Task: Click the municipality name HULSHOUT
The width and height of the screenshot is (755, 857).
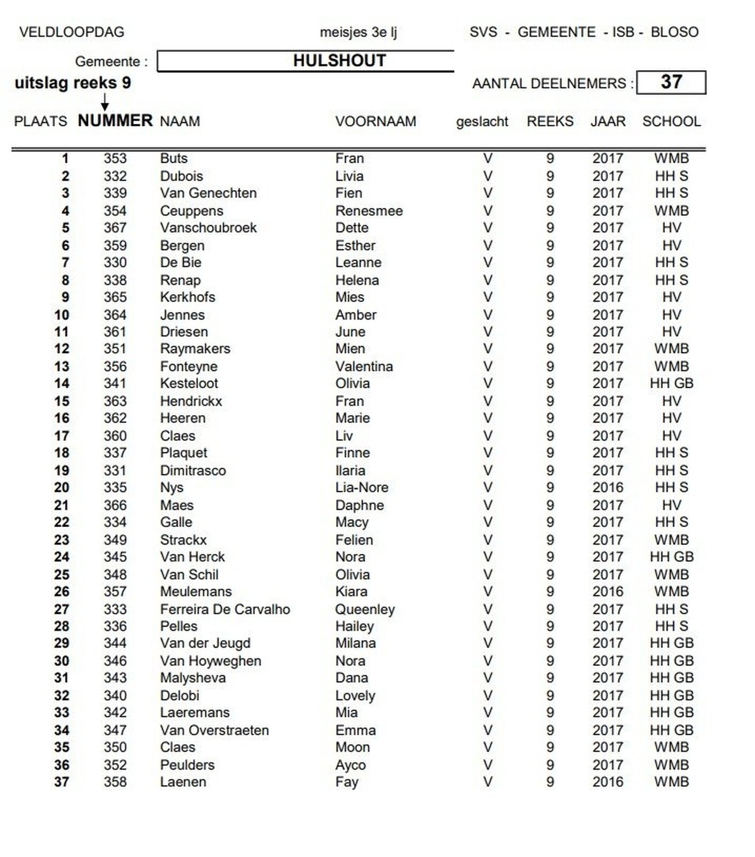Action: point(339,61)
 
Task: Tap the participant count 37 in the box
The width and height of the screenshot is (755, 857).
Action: point(671,82)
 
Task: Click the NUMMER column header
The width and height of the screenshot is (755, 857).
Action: point(115,121)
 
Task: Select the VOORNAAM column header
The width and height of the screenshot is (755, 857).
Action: point(376,122)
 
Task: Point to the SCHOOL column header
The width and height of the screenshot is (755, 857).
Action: point(671,122)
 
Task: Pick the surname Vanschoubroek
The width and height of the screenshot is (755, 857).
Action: point(208,228)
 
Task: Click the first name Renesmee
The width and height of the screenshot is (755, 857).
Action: point(369,211)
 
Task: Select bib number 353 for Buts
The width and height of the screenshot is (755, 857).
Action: point(115,159)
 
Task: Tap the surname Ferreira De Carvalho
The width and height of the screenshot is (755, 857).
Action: point(225,609)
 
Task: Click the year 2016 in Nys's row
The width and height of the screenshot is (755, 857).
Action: point(608,487)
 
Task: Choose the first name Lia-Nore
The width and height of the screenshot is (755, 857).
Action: point(362,487)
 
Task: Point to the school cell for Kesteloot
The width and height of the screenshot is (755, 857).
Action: point(671,384)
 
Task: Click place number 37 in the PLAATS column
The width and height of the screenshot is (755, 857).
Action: point(62,782)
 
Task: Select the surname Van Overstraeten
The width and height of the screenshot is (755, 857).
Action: point(214,730)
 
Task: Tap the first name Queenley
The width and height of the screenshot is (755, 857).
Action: point(365,609)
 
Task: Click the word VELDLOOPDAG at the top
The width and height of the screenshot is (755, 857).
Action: point(71,32)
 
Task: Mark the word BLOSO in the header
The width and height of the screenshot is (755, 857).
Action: point(674,32)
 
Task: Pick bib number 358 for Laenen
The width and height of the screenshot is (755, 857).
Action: point(115,782)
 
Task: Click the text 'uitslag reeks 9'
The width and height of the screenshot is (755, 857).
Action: point(72,83)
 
